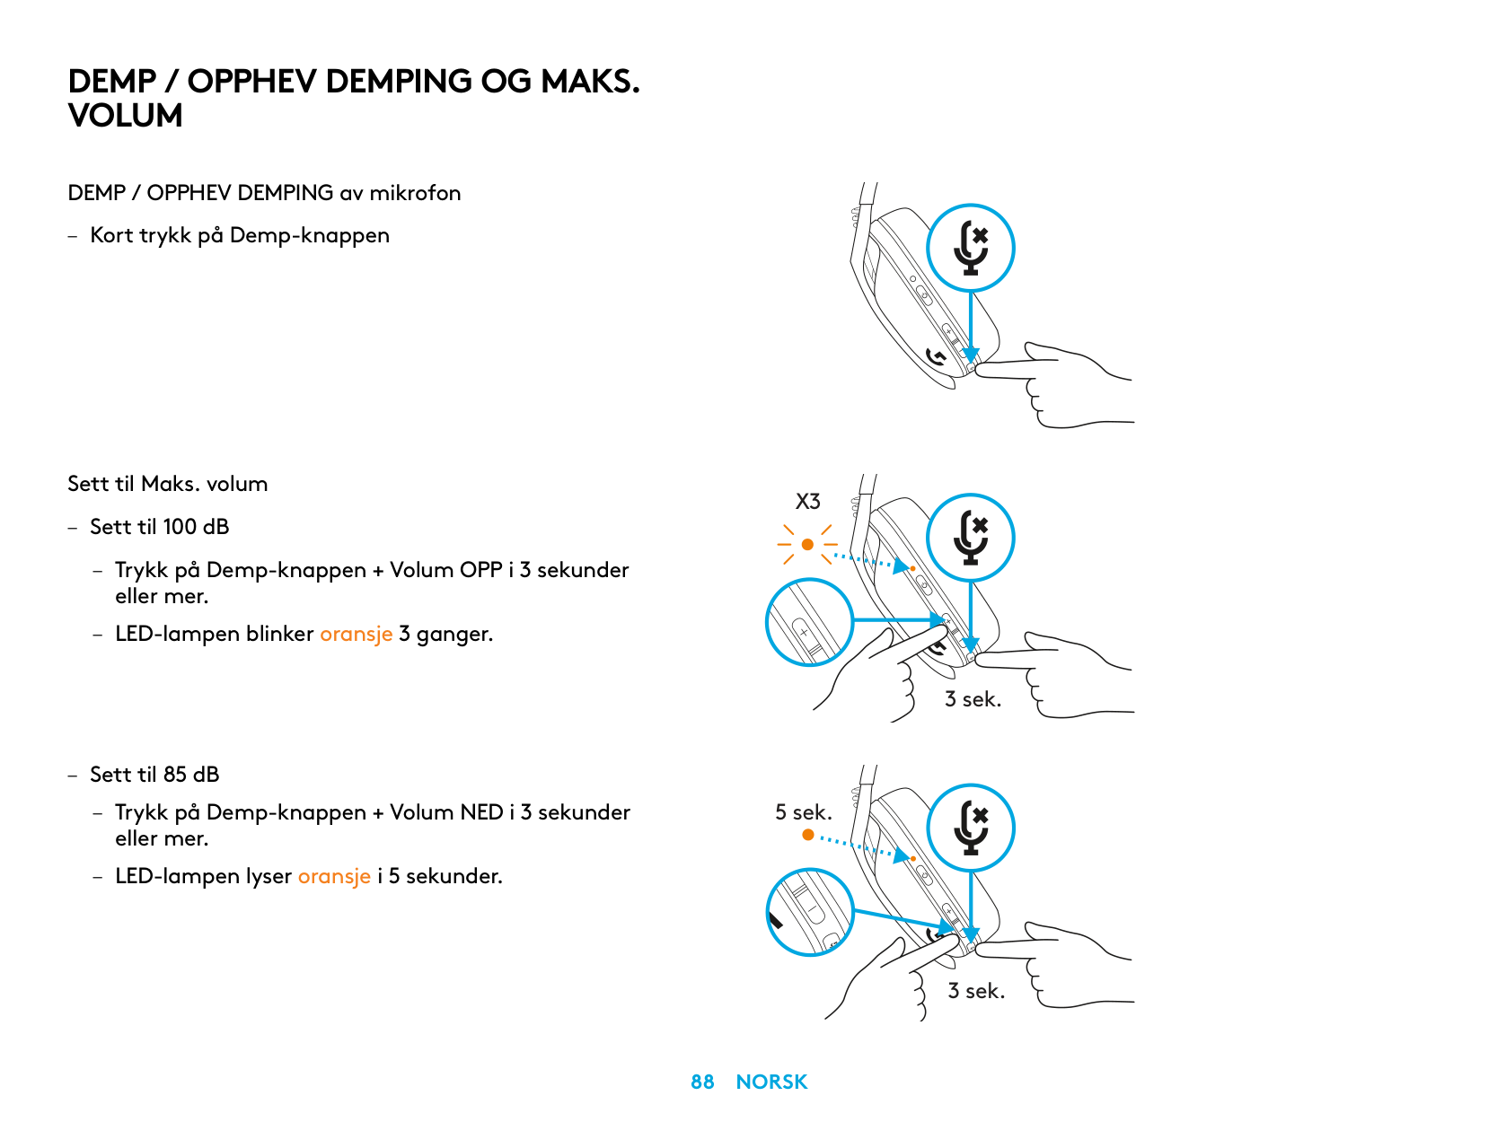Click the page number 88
pos(701,1081)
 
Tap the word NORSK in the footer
pos(771,1081)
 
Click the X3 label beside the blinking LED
pos(807,502)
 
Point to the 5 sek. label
pos(803,811)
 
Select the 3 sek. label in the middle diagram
pos(973,698)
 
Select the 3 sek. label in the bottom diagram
pos(976,990)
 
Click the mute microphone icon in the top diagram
pos(971,248)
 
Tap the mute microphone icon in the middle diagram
pos(971,538)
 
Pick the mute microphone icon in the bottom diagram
pos(971,828)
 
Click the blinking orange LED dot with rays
pos(807,544)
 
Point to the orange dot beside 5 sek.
pos(808,835)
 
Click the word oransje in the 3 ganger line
pos(356,634)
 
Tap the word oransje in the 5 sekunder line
pos(334,876)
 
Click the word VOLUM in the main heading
pos(126,115)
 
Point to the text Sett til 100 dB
pos(160,526)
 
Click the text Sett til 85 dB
pos(154,775)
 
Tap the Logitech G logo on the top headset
pos(935,356)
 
